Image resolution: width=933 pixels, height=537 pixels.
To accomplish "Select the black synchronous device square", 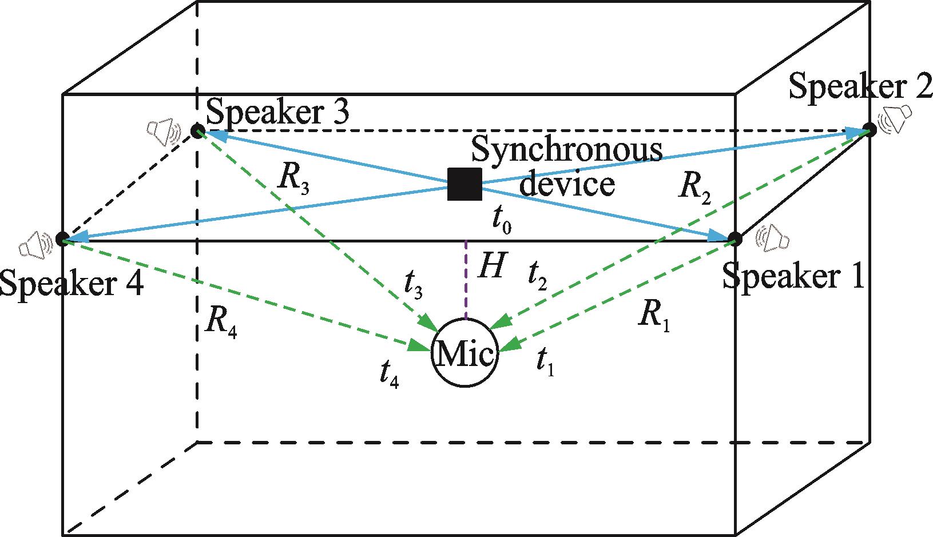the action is pyautogui.click(x=464, y=184).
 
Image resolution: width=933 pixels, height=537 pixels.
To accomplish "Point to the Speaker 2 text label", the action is pyautogui.click(x=860, y=86).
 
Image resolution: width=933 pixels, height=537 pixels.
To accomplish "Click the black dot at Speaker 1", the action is pyautogui.click(x=735, y=239).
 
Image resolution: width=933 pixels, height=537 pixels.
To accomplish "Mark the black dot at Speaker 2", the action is pyautogui.click(x=870, y=129).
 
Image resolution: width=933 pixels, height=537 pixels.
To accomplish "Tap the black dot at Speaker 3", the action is pyautogui.click(x=197, y=131).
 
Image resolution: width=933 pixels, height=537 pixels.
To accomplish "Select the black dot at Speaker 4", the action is pyautogui.click(x=62, y=238).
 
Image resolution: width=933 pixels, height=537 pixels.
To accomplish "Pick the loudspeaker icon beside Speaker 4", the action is pyautogui.click(x=36, y=244).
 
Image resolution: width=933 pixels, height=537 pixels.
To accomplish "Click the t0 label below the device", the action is pyautogui.click(x=502, y=221).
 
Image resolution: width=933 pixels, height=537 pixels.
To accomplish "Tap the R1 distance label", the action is pyautogui.click(x=654, y=315).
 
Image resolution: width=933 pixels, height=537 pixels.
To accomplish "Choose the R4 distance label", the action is pyautogui.click(x=221, y=325).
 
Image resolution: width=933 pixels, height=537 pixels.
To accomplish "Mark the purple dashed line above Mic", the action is pyautogui.click(x=466, y=280).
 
